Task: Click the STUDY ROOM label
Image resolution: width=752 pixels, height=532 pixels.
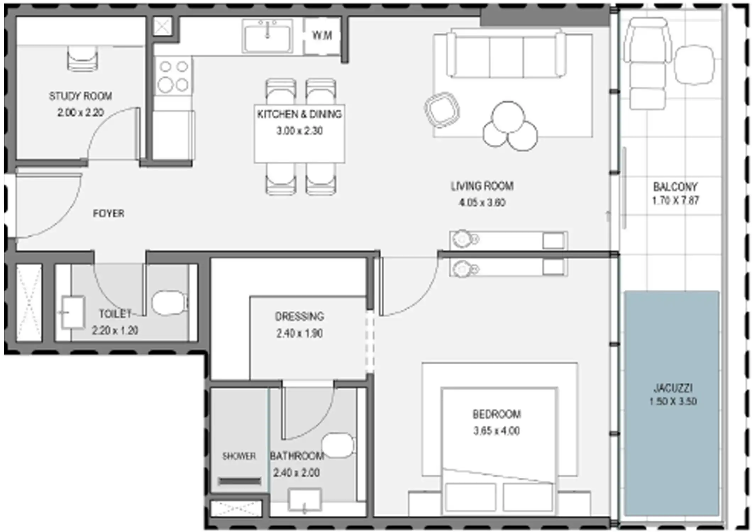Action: tap(81, 96)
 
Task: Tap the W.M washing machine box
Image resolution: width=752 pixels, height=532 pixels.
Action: tap(322, 35)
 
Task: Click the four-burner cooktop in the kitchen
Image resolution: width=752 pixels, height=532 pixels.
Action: tap(173, 76)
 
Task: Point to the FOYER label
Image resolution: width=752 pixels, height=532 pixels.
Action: tap(109, 214)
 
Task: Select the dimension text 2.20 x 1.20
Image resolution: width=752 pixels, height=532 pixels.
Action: tap(115, 331)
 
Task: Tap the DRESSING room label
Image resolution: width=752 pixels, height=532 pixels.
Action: tap(299, 316)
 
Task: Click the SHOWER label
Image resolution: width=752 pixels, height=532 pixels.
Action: tap(239, 456)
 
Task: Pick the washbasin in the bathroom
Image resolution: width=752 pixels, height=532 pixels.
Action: tap(305, 500)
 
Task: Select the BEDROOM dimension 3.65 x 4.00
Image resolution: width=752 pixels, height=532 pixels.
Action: tap(496, 431)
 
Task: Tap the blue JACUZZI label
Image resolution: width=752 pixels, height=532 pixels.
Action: tap(673, 388)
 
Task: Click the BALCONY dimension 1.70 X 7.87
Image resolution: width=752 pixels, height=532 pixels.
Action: tap(675, 201)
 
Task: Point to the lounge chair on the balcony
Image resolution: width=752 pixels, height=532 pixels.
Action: tap(648, 64)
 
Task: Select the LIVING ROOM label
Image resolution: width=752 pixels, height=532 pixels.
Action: tap(482, 186)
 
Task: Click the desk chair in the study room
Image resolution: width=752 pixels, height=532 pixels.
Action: tap(82, 60)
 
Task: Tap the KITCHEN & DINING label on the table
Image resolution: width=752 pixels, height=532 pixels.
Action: tap(299, 114)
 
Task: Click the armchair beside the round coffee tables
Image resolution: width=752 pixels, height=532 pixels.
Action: tap(442, 110)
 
